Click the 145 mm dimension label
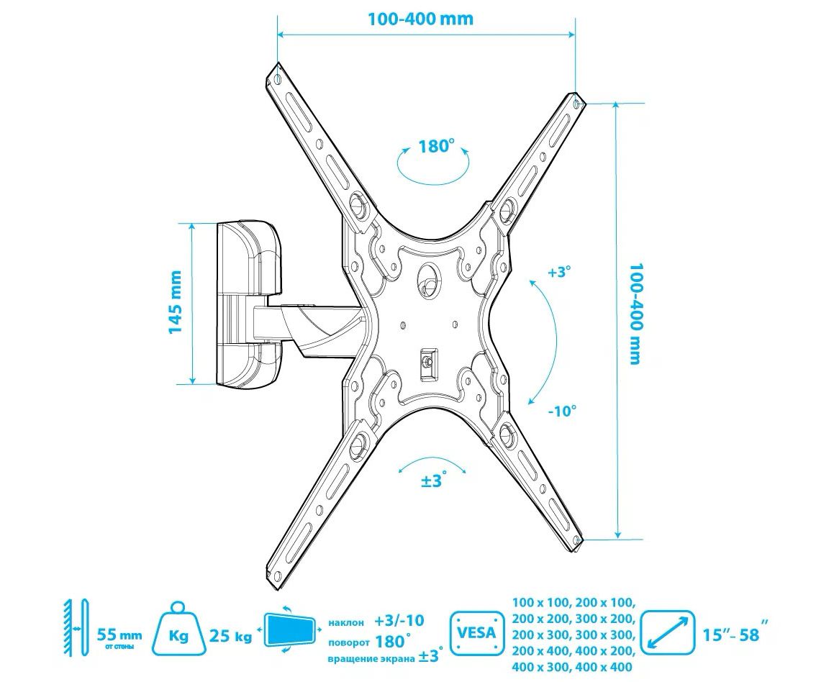(x=176, y=302)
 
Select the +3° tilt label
(x=559, y=273)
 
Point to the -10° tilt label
(x=563, y=411)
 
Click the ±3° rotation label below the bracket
(x=434, y=481)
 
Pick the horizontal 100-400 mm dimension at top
(x=421, y=19)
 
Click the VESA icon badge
(x=476, y=632)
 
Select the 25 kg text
(x=230, y=636)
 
